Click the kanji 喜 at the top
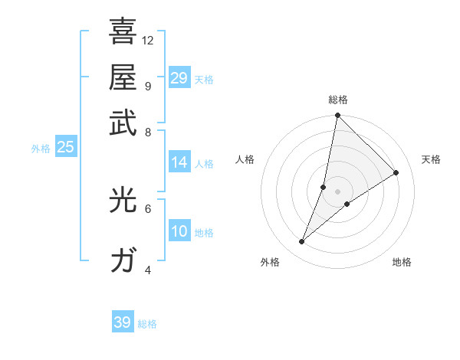(x=123, y=31)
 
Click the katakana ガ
(x=123, y=260)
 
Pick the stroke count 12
(x=148, y=40)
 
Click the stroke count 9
(x=147, y=86)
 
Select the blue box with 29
(x=179, y=78)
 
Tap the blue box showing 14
(x=179, y=162)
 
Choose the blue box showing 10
(x=179, y=232)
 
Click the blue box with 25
(x=65, y=147)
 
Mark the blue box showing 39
(x=123, y=322)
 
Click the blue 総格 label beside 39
(x=147, y=324)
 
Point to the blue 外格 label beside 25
(x=41, y=149)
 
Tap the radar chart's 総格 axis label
(x=338, y=100)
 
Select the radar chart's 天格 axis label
(x=431, y=159)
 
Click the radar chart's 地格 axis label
(x=402, y=262)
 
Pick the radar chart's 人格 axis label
(x=245, y=159)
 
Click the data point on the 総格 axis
(x=337, y=116)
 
